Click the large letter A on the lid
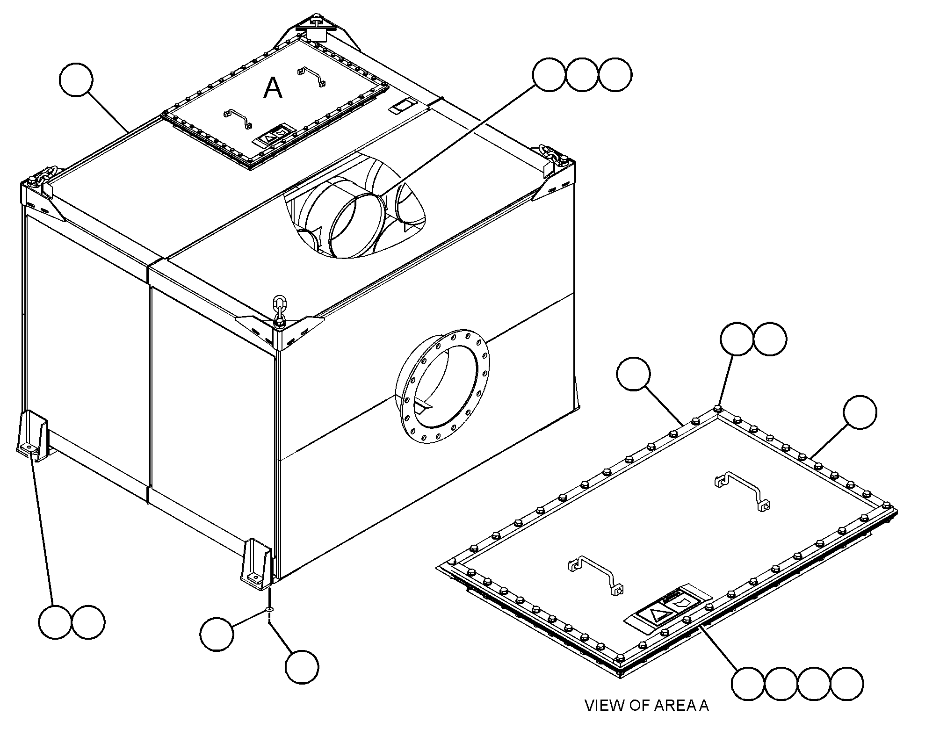(273, 88)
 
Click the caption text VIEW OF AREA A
(647, 705)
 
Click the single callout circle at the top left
(77, 80)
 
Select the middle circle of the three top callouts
(582, 74)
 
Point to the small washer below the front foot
(269, 609)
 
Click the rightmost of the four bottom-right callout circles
(847, 684)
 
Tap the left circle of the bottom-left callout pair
(56, 622)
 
